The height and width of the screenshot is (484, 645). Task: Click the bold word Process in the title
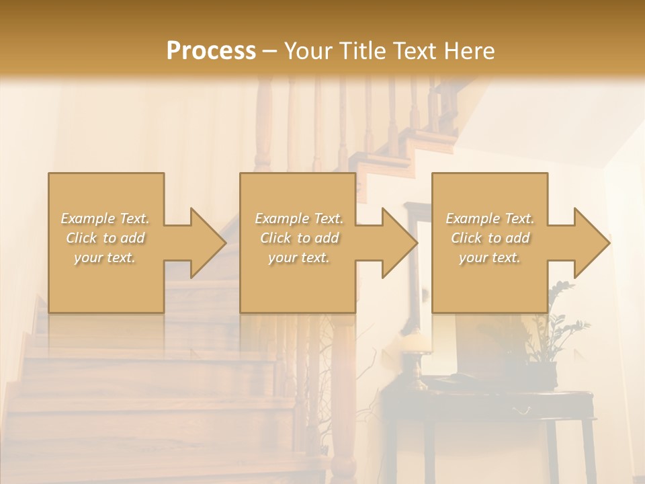[211, 51]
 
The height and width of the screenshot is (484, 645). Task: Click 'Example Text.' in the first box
[105, 218]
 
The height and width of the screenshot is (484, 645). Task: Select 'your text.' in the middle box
[298, 257]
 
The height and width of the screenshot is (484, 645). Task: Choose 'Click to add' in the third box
[490, 238]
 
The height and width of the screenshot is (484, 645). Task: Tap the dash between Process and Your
[270, 51]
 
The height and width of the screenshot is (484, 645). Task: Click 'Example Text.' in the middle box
[299, 218]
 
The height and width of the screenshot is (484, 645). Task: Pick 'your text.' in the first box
[105, 257]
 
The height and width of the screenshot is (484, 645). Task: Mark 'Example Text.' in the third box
[490, 218]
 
